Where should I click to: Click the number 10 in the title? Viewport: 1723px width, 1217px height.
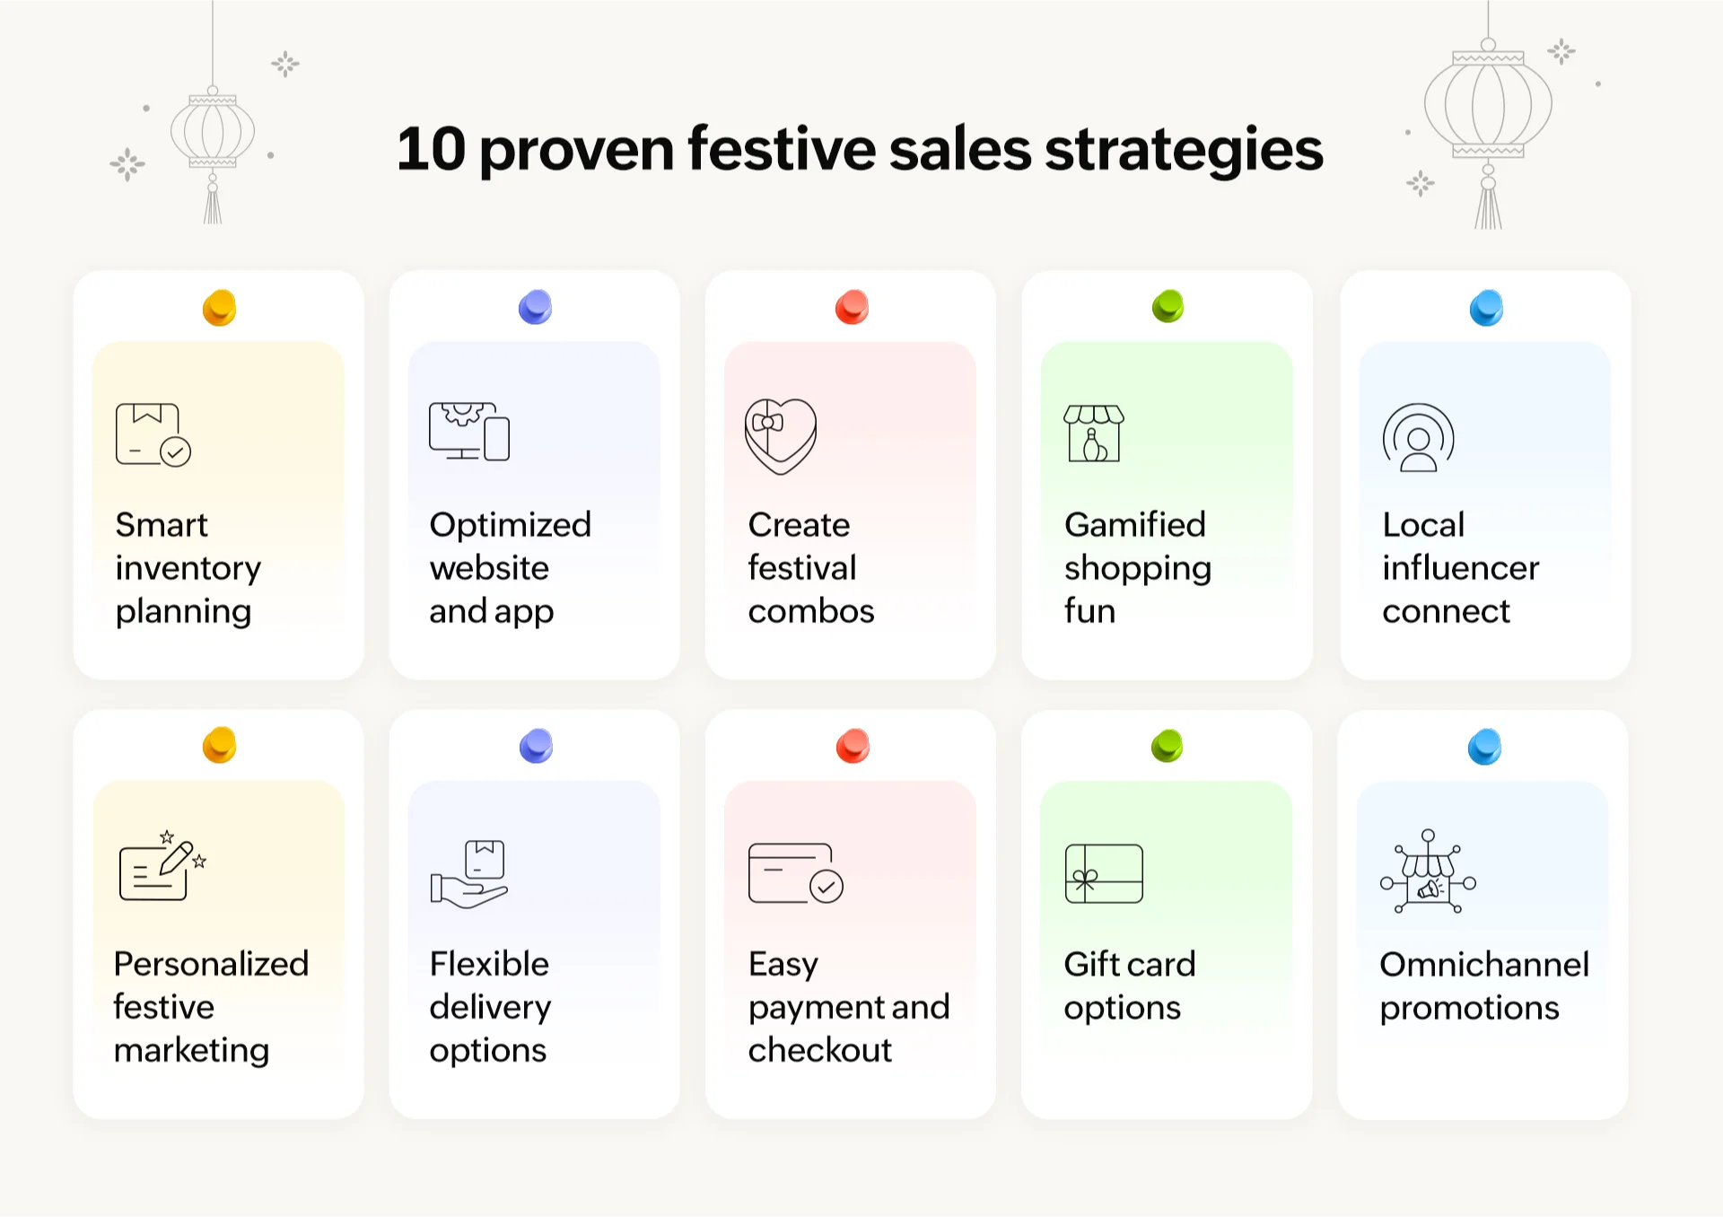[x=431, y=149]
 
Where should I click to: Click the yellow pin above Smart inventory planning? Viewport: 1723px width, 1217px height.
[x=219, y=308]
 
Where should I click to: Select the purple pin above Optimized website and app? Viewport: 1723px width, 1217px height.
[x=535, y=307]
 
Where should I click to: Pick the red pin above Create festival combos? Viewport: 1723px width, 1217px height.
[x=852, y=307]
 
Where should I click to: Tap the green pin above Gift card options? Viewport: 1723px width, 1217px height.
[x=1168, y=746]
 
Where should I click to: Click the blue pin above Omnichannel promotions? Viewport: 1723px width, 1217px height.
[x=1484, y=747]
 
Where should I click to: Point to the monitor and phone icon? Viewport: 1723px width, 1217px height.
[x=469, y=432]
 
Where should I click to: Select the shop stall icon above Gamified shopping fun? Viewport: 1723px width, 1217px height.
[x=1094, y=433]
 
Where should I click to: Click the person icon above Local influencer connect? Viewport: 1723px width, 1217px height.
[x=1418, y=437]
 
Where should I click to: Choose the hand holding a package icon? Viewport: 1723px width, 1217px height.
[x=469, y=873]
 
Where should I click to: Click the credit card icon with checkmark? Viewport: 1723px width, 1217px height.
[x=795, y=873]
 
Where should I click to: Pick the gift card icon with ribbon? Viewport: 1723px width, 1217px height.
[x=1104, y=873]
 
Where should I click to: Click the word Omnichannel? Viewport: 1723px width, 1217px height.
[x=1484, y=964]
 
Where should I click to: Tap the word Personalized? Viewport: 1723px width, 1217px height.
[x=212, y=964]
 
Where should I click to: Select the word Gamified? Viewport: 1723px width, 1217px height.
[x=1135, y=524]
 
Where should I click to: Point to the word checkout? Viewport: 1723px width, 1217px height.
[x=820, y=1050]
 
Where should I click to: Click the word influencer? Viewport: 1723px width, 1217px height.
[x=1460, y=568]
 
